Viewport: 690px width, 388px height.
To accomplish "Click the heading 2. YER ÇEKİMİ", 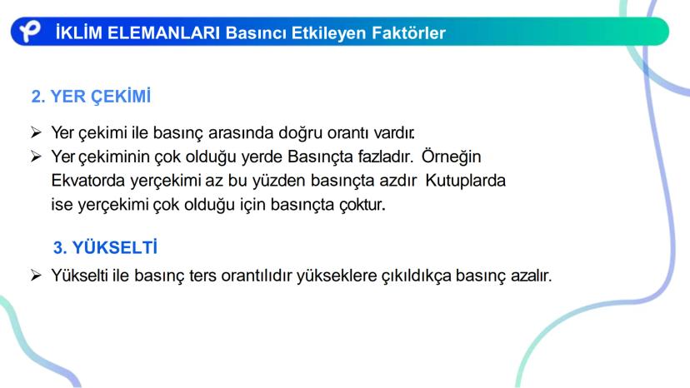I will click(x=92, y=97).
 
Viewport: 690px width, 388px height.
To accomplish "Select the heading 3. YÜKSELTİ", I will click(x=106, y=248).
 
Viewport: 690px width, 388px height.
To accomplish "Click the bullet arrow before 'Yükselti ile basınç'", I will click(x=37, y=275).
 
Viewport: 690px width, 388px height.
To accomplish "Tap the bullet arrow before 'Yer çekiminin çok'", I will click(x=37, y=156).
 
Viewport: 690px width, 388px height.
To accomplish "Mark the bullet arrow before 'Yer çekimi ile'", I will click(x=37, y=132).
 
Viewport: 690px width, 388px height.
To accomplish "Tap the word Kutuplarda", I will click(x=466, y=180).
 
